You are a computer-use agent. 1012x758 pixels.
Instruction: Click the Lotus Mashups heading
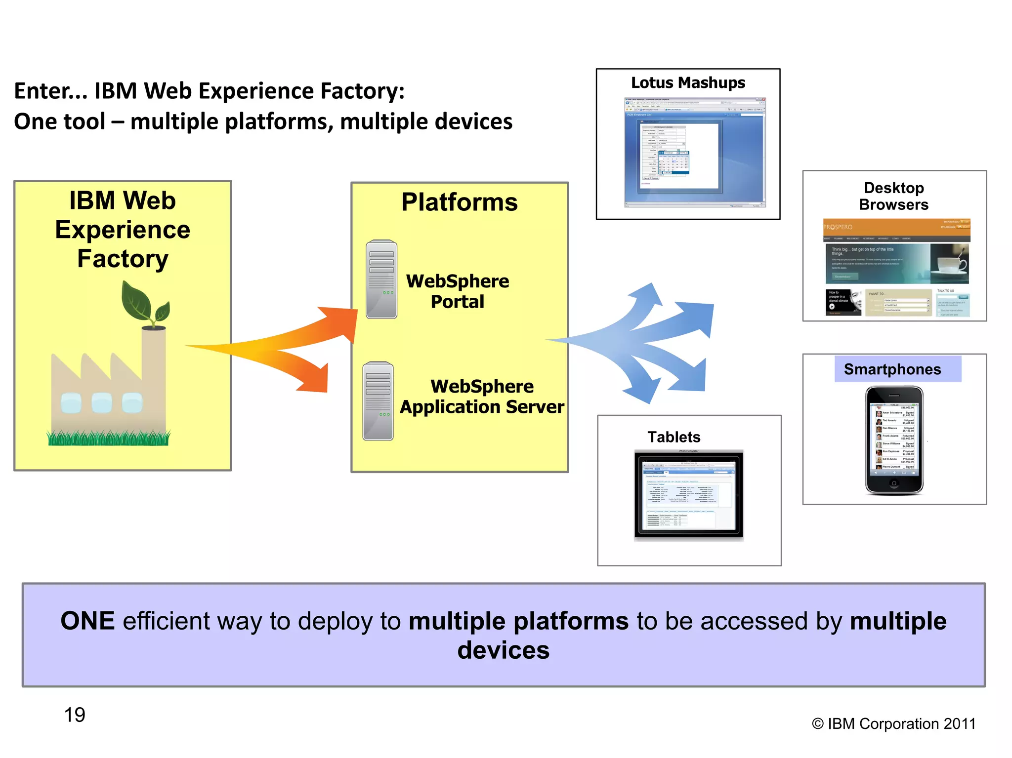688,83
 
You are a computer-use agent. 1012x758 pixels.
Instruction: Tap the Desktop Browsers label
893,196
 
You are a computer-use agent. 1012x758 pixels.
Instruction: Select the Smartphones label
892,369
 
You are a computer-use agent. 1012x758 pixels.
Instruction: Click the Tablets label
674,437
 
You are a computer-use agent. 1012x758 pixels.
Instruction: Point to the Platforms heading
459,202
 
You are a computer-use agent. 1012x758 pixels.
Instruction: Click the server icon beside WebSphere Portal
381,279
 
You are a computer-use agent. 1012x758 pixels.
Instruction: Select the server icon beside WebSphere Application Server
378,401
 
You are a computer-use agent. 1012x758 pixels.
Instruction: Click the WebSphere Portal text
458,291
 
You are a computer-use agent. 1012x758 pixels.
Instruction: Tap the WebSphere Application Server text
482,397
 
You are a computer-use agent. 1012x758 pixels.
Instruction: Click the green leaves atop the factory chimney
143,304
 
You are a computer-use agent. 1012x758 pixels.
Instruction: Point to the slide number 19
75,715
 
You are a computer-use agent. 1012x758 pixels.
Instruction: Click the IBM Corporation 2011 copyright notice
893,724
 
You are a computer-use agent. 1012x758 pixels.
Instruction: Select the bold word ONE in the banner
87,621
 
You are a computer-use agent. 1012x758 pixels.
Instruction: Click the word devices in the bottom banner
503,650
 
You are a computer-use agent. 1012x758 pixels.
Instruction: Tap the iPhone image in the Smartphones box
894,440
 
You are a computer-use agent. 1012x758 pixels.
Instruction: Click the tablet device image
689,495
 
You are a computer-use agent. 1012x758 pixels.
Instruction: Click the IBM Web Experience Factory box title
123,230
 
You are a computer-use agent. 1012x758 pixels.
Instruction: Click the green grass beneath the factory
109,438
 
